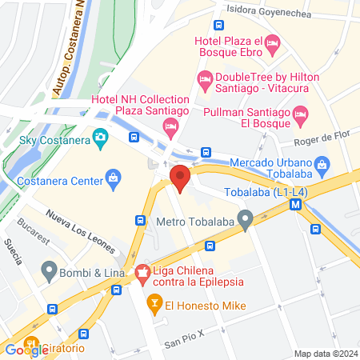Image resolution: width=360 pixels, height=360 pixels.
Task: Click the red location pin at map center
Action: point(180,178)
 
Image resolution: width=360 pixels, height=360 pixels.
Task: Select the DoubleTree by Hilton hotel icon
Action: point(205,78)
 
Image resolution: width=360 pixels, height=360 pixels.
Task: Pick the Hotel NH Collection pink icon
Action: point(170,126)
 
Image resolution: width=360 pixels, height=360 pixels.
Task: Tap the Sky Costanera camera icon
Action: point(100,138)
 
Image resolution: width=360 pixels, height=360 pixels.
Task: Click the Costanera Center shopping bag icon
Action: point(113,177)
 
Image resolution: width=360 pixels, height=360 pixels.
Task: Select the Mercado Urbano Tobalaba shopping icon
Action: point(322,167)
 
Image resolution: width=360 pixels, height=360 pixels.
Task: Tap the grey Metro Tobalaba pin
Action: point(246,217)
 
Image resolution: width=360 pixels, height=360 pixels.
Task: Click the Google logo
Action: point(26,350)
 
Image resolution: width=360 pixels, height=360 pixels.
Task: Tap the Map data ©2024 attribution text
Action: point(325,354)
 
